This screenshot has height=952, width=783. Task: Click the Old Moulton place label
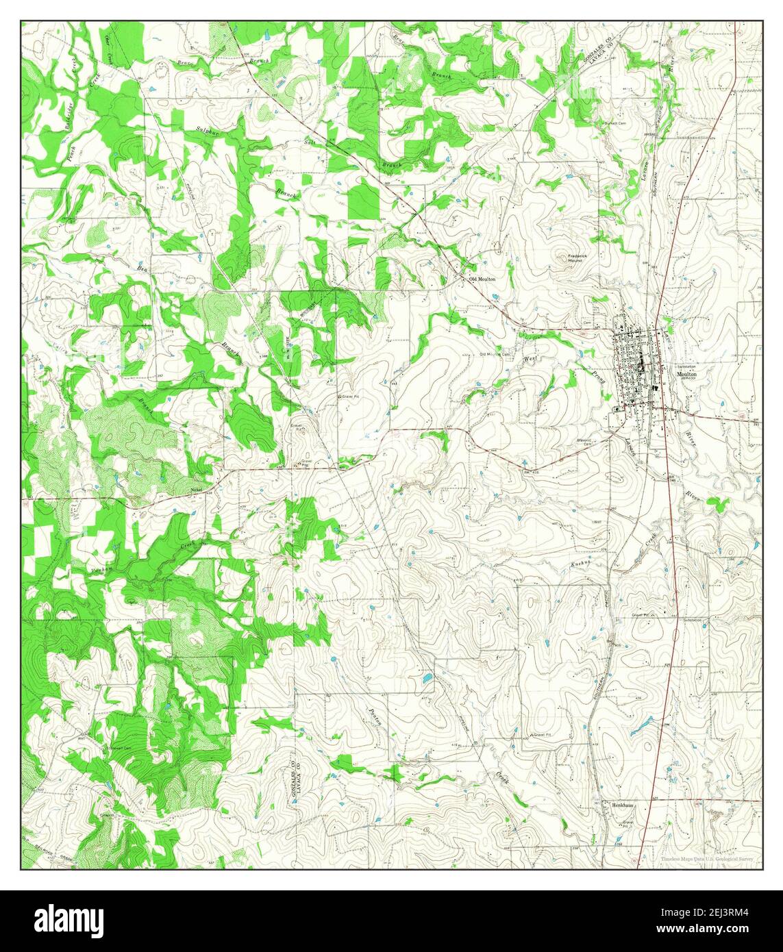pos(482,279)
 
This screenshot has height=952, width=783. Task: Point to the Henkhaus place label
pos(622,807)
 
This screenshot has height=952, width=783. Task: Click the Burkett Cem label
pos(615,123)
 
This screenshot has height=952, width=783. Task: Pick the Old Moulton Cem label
pos(495,354)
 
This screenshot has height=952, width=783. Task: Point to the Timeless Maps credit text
pos(709,859)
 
